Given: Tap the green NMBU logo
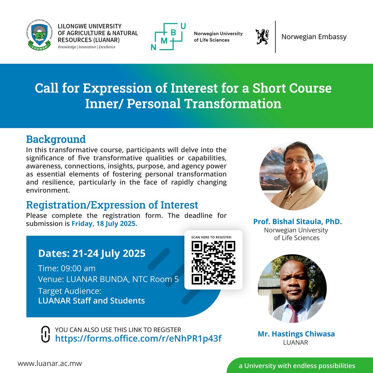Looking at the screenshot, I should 168,37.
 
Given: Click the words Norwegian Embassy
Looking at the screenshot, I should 314,37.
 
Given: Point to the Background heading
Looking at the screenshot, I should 56,139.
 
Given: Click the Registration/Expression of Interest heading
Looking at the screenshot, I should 112,205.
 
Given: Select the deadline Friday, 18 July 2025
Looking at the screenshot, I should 104,224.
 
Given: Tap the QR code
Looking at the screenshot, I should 213,263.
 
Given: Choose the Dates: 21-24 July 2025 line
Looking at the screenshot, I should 92,253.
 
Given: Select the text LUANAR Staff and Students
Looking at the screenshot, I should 91,301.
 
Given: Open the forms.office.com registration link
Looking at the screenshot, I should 138,338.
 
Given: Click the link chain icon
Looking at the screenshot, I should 45,334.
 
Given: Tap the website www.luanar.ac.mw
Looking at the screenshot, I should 50,363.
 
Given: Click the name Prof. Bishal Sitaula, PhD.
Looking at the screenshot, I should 297,222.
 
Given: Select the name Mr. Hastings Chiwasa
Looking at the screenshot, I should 296,334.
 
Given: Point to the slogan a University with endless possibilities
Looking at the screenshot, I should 297,366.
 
